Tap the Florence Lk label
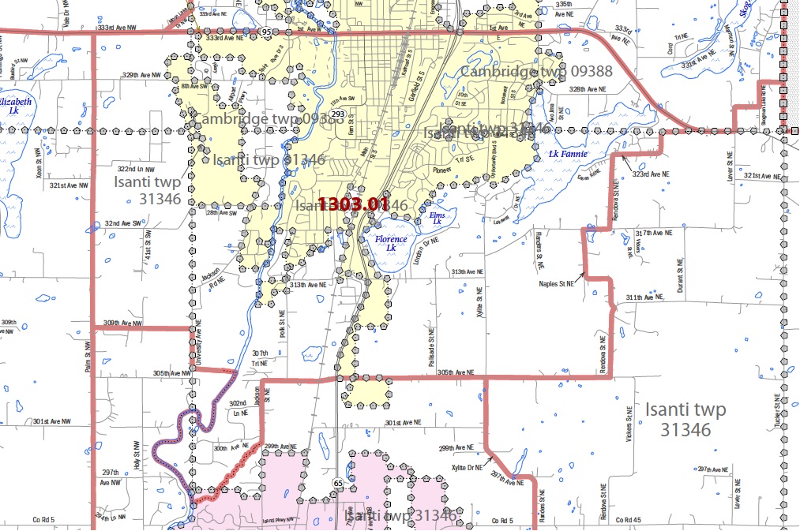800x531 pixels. pos(391,243)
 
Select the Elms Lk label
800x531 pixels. pos(437,219)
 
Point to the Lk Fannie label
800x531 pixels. pos(567,154)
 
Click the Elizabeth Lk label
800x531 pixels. pos(14,107)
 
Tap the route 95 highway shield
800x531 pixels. pos(266,32)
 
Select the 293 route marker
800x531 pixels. pos(337,114)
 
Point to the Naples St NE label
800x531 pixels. pos(557,283)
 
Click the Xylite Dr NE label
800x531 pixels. pos(456,467)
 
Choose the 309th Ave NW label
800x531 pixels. pos(122,323)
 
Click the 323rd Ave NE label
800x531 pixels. pos(652,174)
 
